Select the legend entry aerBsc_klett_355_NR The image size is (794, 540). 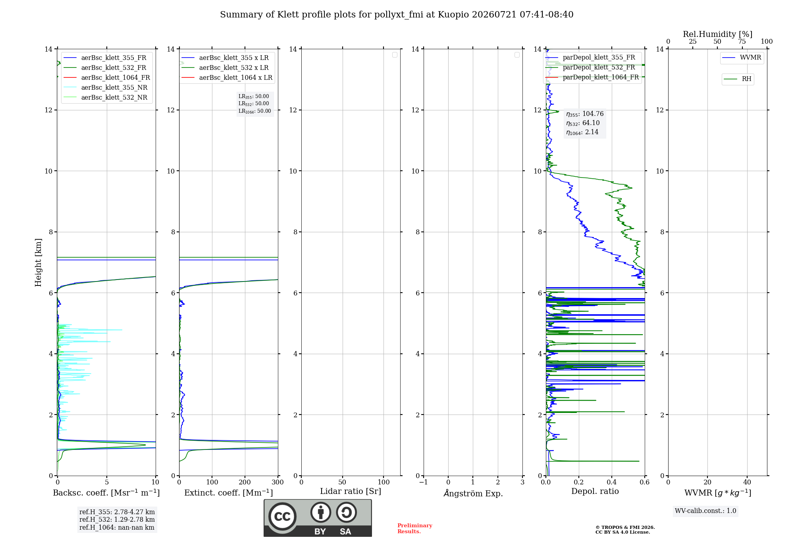105,87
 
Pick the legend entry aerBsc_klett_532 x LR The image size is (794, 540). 225,67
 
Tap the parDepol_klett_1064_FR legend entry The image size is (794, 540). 592,77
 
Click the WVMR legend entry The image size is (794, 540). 742,58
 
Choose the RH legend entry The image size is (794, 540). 738,79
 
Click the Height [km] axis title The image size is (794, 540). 38,262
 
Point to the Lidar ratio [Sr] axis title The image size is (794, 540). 351,491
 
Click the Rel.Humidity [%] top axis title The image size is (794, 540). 718,34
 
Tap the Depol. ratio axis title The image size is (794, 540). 595,491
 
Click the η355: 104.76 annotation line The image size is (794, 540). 585,114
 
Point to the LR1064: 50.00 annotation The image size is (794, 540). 254,111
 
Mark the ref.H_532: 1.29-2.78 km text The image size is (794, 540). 117,519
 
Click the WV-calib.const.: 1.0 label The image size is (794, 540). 705,511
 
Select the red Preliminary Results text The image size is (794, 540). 415,528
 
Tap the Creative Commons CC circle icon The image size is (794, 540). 282,517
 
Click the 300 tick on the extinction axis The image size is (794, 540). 278,482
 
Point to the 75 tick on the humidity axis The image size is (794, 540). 742,41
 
